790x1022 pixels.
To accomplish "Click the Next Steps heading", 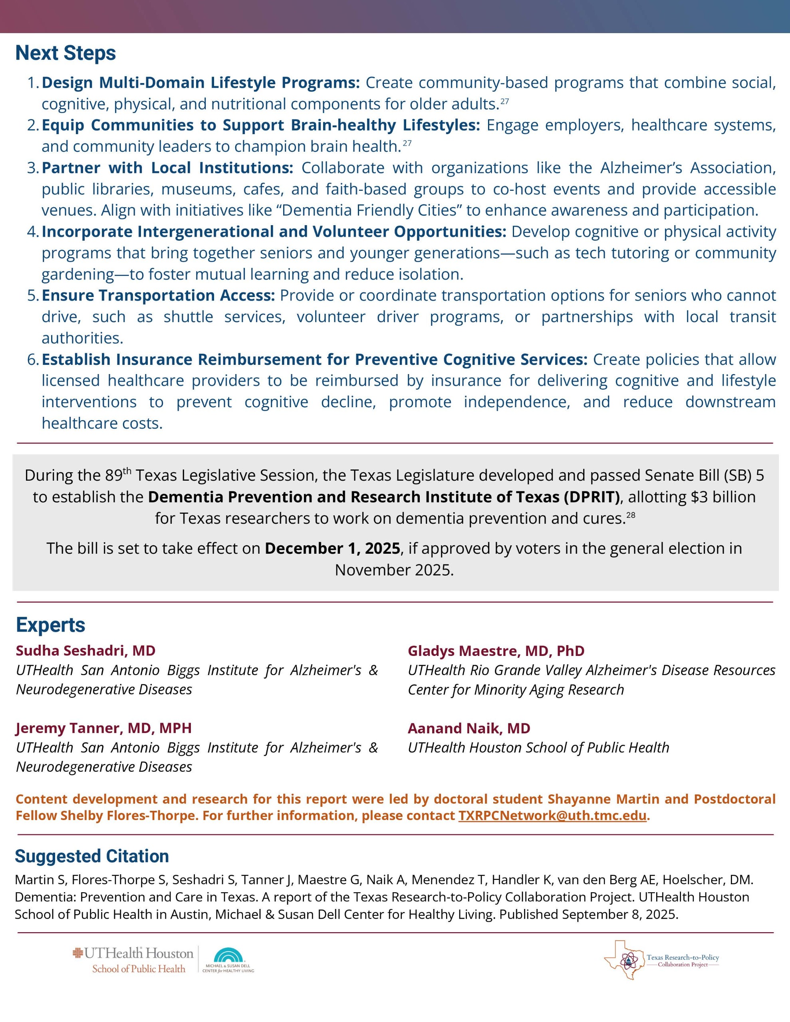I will click(x=66, y=53).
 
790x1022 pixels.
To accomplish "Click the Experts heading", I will click(x=51, y=625).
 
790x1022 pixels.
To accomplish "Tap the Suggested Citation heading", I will click(x=92, y=856).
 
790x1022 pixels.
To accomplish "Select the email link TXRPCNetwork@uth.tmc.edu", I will click(x=553, y=815).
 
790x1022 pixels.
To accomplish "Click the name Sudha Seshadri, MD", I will click(x=86, y=650).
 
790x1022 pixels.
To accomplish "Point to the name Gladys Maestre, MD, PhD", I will click(x=496, y=650).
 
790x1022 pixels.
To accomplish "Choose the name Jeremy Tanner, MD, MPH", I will click(x=103, y=728).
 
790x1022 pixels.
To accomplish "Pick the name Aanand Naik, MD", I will click(x=469, y=728).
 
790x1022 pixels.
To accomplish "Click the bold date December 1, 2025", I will click(x=332, y=548).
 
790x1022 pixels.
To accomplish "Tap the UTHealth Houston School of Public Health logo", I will click(x=133, y=960).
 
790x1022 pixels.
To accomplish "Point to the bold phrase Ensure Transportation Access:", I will click(x=158, y=295).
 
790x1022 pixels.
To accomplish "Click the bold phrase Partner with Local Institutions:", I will click(x=167, y=168).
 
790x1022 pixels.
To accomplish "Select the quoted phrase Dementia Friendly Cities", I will click(x=369, y=210).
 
